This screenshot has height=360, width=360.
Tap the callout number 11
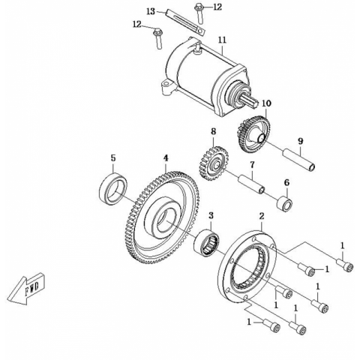(x=222, y=40)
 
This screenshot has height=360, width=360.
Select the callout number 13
(x=151, y=12)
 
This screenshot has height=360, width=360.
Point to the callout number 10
(x=266, y=103)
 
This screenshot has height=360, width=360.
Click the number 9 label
(x=301, y=141)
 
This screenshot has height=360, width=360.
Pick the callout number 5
(x=113, y=158)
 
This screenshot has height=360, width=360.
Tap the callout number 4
(x=166, y=158)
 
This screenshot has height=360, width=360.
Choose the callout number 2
(x=262, y=216)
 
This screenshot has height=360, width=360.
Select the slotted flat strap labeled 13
(x=185, y=22)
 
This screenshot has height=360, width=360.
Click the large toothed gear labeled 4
(x=162, y=217)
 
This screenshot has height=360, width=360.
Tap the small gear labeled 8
(x=214, y=163)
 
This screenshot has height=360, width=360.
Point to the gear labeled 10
(x=253, y=135)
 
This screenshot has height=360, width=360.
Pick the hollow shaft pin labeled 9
(x=298, y=160)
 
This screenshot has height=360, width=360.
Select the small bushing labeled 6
(x=284, y=204)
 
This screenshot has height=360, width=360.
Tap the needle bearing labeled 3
(x=207, y=242)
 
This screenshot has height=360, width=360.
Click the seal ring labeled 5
(x=113, y=188)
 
